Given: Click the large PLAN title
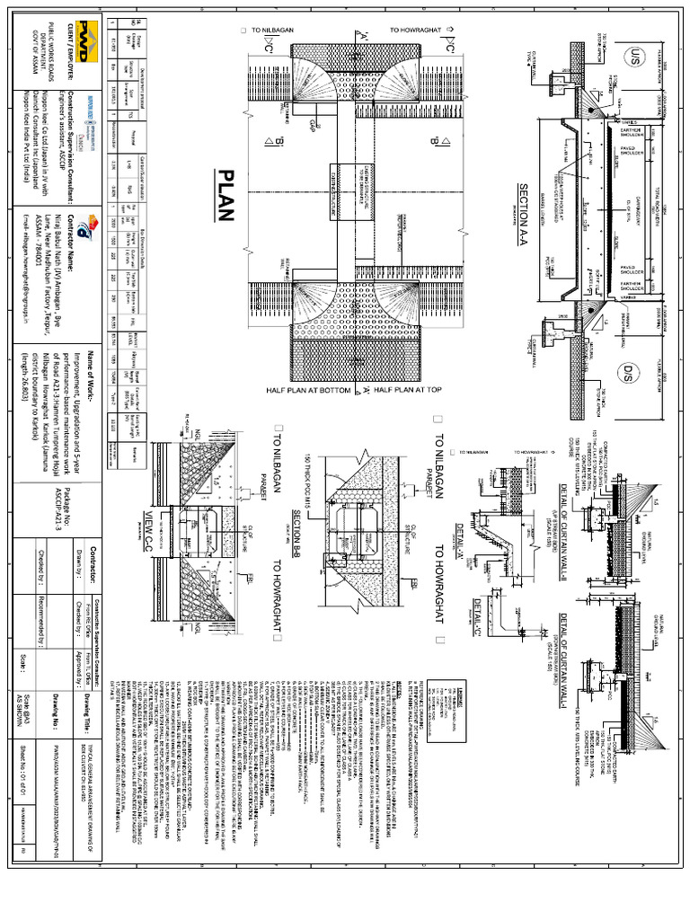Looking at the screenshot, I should (226, 196).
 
